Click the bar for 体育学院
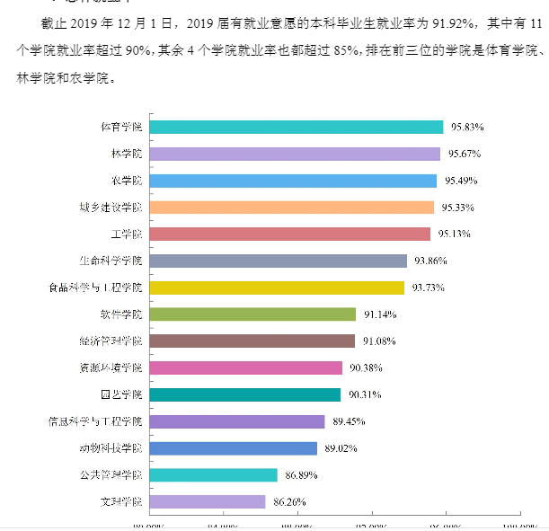pos(296,128)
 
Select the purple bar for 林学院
pos(295,155)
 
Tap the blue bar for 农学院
pos(293,181)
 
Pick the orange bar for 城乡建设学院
pos(291,208)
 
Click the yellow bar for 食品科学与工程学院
pos(277,288)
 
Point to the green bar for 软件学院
pos(252,314)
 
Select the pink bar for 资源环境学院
pos(245,367)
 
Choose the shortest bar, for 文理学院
pos(207,501)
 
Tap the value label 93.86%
pos(429,261)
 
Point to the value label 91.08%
pos(379,341)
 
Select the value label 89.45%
pos(347,421)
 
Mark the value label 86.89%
pos(299,474)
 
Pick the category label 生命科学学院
pos(111,261)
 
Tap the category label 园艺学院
pos(120,394)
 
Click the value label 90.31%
pos(365,394)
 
